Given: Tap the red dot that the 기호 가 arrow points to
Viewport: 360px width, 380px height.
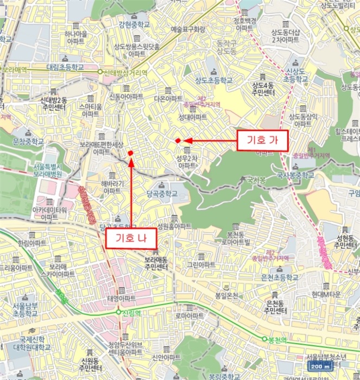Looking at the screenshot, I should [178, 141].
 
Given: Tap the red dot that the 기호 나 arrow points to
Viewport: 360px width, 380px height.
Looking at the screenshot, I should [131, 154].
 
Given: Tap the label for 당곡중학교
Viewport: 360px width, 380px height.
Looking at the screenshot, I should [162, 193].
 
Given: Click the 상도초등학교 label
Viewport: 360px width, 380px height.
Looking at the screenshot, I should [214, 80].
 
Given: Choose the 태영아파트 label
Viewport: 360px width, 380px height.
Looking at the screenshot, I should [122, 299].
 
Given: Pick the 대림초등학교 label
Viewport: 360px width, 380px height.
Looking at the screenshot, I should [65, 67].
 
